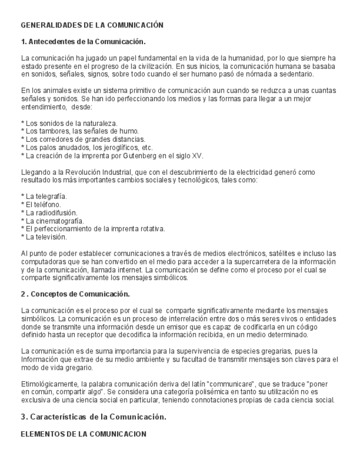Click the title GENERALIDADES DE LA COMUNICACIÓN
click(92, 25)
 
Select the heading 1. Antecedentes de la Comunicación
click(83, 42)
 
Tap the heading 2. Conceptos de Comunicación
click(75, 294)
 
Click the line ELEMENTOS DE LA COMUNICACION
click(83, 434)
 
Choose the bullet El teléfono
click(41, 204)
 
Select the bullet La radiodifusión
click(49, 213)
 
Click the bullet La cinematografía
click(52, 221)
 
